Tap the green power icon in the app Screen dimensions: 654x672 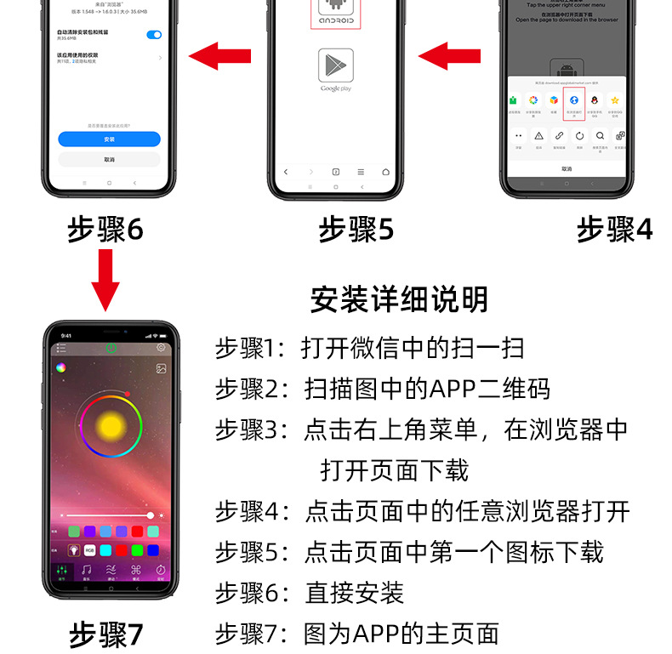pos(111,347)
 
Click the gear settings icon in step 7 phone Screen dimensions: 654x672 pos(161,347)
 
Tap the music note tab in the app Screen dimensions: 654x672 pos(86,570)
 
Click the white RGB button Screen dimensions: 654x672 pos(89,549)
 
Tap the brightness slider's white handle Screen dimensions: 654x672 pos(151,515)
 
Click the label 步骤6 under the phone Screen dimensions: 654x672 pos(105,230)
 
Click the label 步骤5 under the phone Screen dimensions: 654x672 pos(356,230)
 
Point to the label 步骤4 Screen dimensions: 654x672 pos(614,230)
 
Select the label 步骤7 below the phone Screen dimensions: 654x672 pos(105,635)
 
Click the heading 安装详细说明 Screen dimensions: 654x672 pos(399,299)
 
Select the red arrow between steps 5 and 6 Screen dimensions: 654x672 pos(220,58)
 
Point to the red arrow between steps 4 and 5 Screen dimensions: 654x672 pos(451,58)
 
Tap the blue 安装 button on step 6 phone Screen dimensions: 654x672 pos(109,139)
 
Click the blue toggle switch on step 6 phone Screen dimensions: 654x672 pos(154,34)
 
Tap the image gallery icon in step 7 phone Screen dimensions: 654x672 pos(161,368)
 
